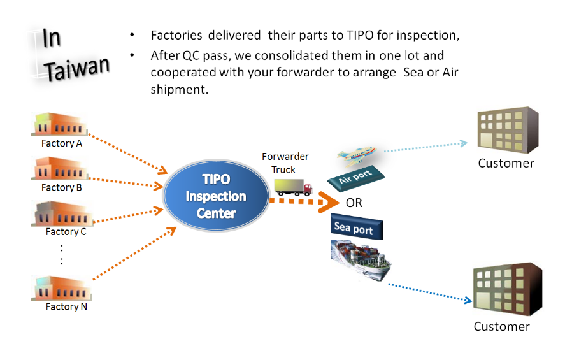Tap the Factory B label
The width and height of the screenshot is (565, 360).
point(62,187)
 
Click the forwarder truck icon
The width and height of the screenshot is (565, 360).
point(294,187)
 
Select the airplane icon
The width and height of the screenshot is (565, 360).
point(357,155)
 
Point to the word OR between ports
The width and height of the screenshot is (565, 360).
point(354,203)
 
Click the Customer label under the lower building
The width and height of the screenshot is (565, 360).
point(501,326)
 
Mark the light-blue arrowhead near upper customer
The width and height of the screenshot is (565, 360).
point(464,143)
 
